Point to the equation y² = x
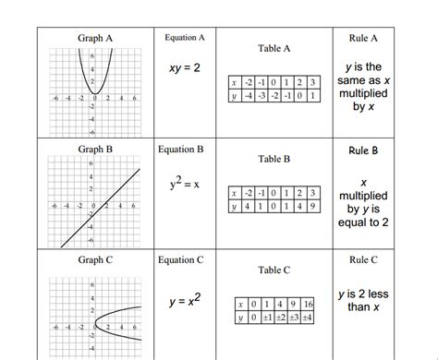tap(185, 184)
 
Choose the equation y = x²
tap(186, 301)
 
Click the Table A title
tap(274, 49)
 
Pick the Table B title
tap(274, 159)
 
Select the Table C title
tap(274, 270)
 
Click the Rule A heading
tap(364, 38)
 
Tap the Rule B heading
tap(364, 150)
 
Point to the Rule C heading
tap(364, 260)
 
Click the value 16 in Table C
tap(308, 304)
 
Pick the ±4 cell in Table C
tap(308, 317)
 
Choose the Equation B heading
tap(185, 149)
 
